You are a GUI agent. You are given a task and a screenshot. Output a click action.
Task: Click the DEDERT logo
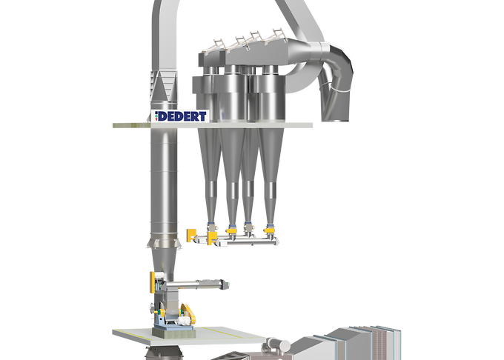(180, 116)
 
